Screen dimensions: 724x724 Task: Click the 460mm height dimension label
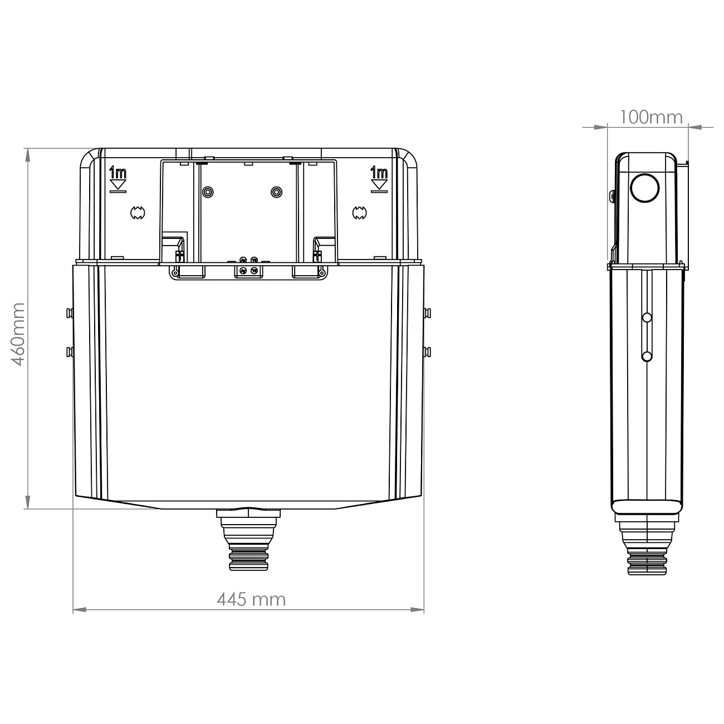[x=18, y=334]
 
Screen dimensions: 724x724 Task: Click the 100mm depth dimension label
[x=651, y=117]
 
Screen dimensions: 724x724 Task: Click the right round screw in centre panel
[x=276, y=192]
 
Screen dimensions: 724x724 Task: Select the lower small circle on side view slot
[x=647, y=356]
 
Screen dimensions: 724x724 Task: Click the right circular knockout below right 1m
[x=360, y=212]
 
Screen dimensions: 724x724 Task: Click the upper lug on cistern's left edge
[x=69, y=312]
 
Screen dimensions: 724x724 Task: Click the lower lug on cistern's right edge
[x=427, y=351]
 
